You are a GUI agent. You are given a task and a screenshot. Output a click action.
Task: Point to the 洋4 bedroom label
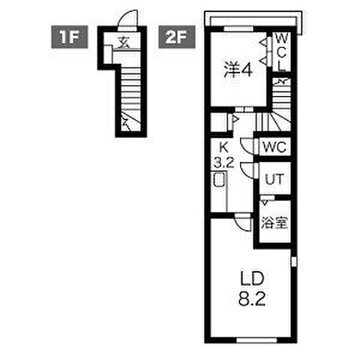[237, 68]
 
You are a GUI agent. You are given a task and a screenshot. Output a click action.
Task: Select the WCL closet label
[280, 51]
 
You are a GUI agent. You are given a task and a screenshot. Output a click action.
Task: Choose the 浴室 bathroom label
[273, 222]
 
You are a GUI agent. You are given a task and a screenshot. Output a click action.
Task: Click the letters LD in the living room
[250, 279]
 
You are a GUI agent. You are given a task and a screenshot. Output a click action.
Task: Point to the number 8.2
[250, 296]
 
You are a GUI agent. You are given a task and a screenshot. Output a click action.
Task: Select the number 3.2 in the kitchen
[223, 160]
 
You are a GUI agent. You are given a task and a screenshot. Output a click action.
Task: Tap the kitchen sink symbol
[219, 181]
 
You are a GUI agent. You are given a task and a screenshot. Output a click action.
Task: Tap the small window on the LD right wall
[293, 262]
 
